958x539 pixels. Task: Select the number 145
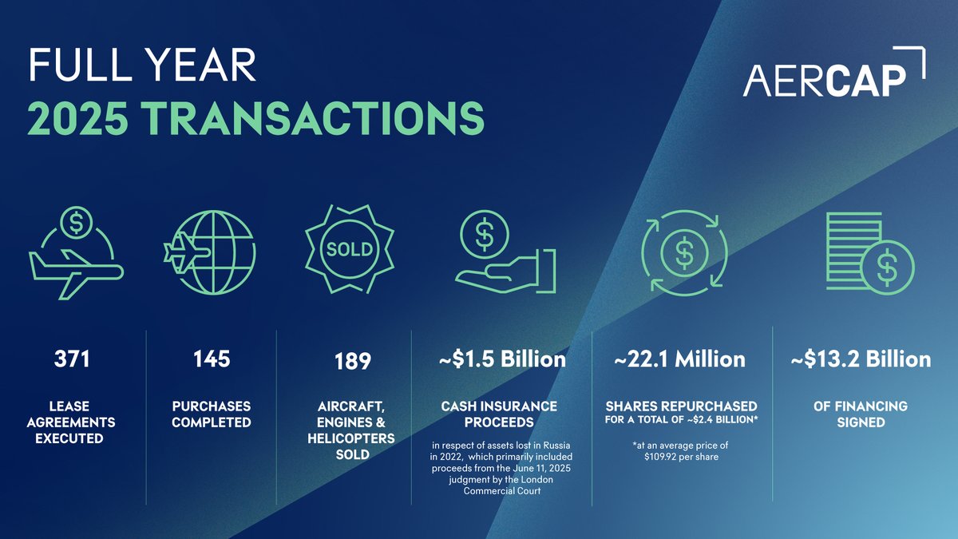click(x=212, y=360)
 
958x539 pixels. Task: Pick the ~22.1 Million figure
click(x=679, y=360)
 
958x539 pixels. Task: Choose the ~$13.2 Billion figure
click(x=861, y=360)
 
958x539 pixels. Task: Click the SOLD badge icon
click(x=349, y=250)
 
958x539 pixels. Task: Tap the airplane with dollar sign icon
click(x=76, y=254)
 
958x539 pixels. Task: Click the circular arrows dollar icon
click(x=683, y=252)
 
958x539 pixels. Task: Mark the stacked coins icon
click(x=865, y=252)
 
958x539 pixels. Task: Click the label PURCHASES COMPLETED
click(x=212, y=414)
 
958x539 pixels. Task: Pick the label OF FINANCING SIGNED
click(x=861, y=414)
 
